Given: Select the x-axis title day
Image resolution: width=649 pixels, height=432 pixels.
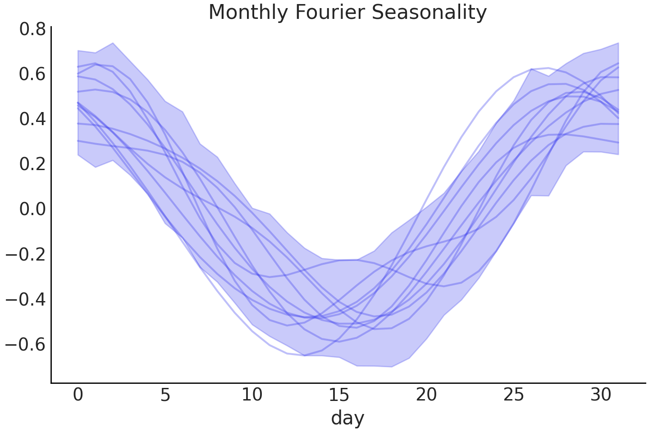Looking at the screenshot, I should tap(347, 418).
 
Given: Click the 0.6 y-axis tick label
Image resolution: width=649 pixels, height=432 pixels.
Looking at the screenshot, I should tap(32, 74).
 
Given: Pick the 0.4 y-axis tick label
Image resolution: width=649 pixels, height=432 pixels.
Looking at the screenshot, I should tap(32, 119).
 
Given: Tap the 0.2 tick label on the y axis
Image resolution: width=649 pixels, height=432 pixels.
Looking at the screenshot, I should tap(32, 164).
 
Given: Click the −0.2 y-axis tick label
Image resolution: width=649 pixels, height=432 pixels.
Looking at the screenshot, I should tap(26, 255).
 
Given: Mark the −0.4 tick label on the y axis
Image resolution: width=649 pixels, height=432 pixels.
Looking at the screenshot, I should tap(26, 300).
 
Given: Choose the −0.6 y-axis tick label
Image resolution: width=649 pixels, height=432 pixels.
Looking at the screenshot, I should tap(26, 345).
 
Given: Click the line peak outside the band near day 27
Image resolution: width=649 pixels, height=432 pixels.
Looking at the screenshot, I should tap(548, 68).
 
